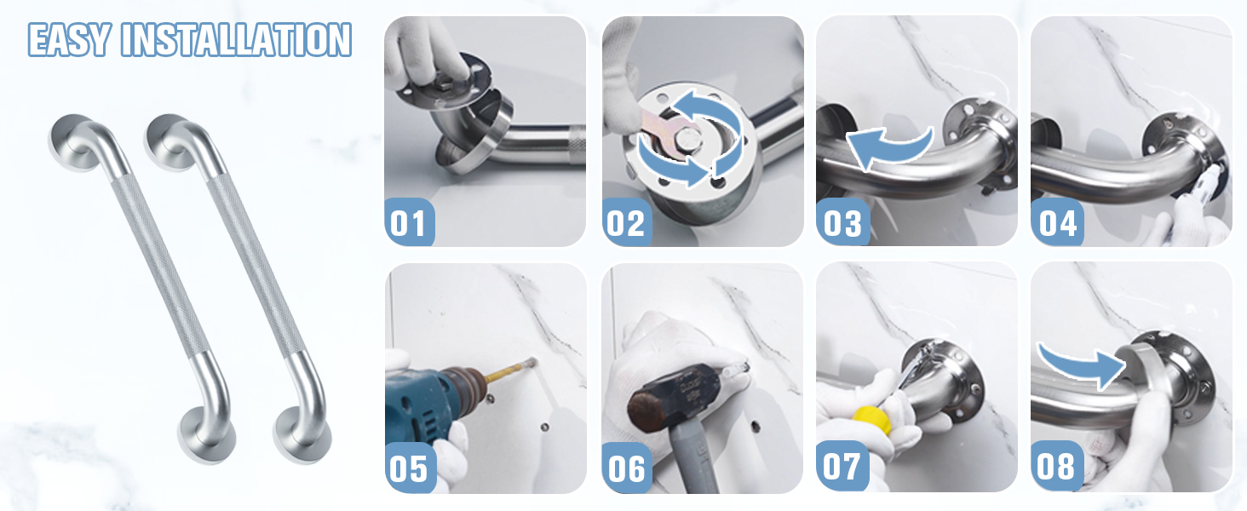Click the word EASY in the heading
[x=69, y=39]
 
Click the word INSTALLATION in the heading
[x=236, y=39]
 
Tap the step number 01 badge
[x=409, y=222]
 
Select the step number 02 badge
[x=627, y=222]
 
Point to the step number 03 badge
[x=842, y=222]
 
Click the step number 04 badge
[x=1057, y=222]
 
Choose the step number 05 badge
[x=410, y=468]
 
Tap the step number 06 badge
[x=627, y=468]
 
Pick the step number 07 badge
[x=842, y=466]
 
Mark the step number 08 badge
[x=1056, y=466]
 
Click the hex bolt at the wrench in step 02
[x=687, y=140]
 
